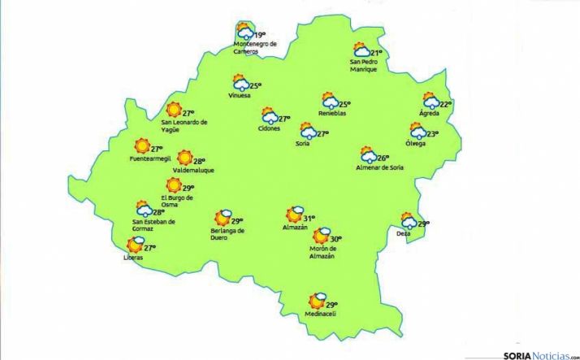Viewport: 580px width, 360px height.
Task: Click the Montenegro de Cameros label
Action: [255, 47]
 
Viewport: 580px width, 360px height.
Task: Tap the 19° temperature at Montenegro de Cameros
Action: [261, 35]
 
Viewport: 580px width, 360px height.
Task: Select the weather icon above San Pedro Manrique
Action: [361, 50]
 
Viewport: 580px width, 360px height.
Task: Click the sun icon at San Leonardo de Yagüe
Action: [173, 111]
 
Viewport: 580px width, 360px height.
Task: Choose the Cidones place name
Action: [269, 128]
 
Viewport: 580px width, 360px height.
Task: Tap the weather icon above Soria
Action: [309, 131]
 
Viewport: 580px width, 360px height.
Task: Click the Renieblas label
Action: [331, 114]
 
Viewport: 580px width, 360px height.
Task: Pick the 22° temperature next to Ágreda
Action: [445, 104]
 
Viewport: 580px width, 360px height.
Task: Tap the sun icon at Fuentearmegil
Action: [142, 145]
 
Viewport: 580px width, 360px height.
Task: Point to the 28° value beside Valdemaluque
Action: [199, 161]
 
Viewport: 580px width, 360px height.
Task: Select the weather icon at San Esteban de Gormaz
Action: [145, 208]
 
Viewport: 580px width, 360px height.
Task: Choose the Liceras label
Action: [133, 258]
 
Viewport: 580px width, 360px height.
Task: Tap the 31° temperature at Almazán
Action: [309, 218]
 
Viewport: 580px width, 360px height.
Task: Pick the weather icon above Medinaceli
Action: [315, 301]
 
